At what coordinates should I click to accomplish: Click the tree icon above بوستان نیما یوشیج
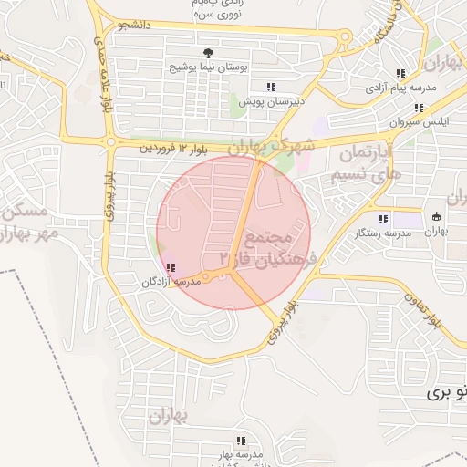209,52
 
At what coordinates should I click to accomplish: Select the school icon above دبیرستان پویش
271,87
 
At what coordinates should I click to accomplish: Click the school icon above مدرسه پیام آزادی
400,73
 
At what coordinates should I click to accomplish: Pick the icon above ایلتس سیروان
419,108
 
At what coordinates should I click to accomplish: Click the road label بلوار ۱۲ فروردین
172,148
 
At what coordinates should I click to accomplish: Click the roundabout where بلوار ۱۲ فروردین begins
110,143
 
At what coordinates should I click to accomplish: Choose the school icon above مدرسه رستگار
384,219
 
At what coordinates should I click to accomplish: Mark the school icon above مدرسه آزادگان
171,267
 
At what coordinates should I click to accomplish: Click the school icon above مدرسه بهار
241,441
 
